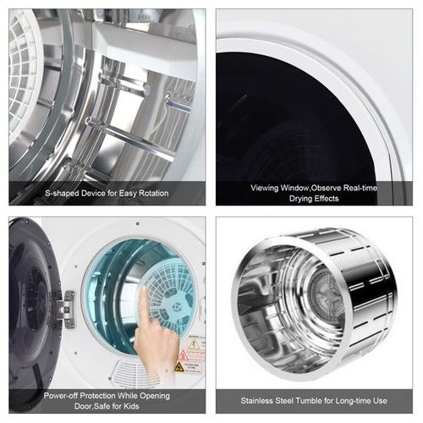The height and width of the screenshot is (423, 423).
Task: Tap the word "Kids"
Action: [x=131, y=406]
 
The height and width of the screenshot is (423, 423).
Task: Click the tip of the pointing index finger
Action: [x=144, y=288]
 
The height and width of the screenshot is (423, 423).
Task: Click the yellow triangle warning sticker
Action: [x=179, y=367]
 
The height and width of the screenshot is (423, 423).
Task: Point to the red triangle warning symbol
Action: [x=183, y=355]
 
